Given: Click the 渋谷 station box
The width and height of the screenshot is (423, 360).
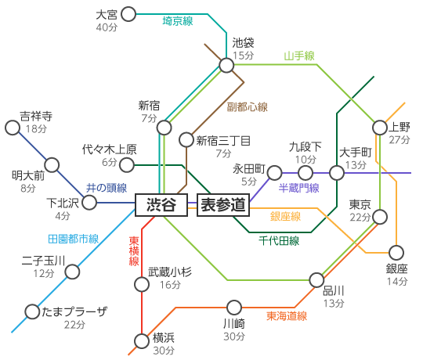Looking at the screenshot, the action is click(161, 205).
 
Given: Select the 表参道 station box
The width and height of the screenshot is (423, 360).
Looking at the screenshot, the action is click(223, 205).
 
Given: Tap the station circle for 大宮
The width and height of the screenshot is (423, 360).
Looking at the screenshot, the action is click(128, 14).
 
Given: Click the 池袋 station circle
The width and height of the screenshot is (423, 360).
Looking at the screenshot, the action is click(226, 65).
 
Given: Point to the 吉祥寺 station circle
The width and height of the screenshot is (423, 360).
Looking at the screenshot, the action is click(13, 128).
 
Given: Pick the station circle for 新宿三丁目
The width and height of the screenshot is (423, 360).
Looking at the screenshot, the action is click(186, 139).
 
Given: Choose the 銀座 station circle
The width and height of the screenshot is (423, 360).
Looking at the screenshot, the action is click(396, 253).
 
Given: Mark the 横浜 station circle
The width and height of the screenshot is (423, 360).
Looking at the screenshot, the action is click(142, 341).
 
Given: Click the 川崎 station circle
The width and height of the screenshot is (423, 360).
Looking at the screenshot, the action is click(234, 308).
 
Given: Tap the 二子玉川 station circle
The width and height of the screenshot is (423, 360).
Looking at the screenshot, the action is click(72, 272).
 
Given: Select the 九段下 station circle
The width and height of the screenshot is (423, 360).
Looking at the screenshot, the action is click(305, 173).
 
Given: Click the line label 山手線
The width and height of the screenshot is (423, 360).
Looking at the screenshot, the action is click(299, 56).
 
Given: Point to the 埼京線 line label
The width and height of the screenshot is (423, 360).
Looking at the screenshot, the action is click(178, 21).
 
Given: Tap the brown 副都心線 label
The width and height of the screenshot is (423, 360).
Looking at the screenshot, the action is click(247, 107).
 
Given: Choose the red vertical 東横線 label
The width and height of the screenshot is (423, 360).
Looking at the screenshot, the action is click(134, 251).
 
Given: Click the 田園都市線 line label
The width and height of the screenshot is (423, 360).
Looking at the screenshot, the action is click(74, 239).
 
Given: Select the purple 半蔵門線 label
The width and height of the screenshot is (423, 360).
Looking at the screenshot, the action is click(299, 188).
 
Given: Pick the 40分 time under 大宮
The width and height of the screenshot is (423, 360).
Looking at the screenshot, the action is click(107, 27).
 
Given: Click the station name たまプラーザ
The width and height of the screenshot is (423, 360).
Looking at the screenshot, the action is click(74, 311).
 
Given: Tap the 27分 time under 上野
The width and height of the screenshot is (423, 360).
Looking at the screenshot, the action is click(399, 139).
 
